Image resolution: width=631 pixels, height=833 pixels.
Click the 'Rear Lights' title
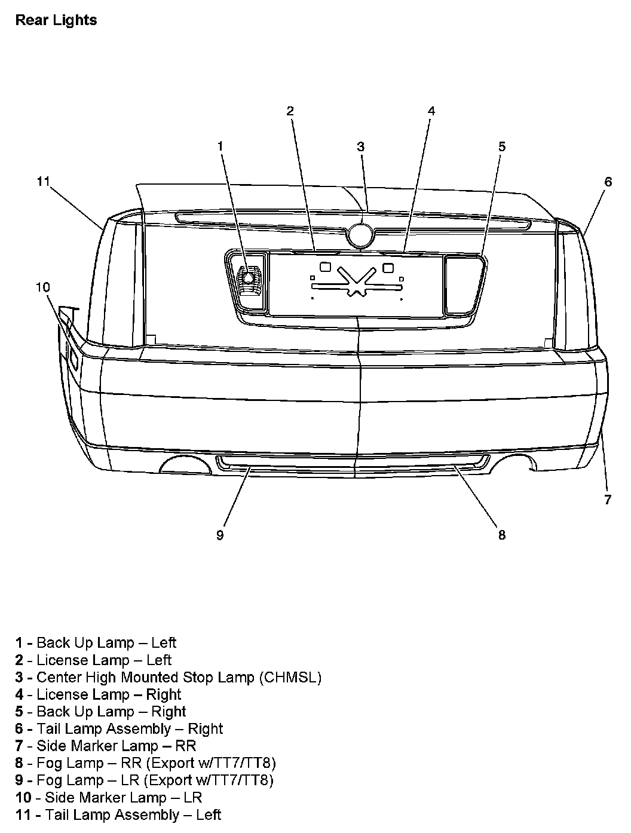pos(56,20)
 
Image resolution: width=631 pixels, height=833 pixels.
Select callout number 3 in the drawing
pos(360,146)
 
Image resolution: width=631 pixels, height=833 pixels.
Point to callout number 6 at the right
pos(608,182)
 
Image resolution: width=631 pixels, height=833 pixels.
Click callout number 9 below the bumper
pos(220,535)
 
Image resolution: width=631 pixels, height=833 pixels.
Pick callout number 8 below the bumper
pos(501,535)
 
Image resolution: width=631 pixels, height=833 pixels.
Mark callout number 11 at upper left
pos(42,181)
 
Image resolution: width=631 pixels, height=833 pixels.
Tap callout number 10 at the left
pos(42,287)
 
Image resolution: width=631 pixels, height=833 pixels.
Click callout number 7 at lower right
pos(608,500)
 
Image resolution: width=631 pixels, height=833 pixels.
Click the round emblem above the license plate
pos(360,235)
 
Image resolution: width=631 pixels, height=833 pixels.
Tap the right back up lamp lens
pos(463,284)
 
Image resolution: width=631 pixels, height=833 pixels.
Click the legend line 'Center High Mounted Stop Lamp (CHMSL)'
pos(169,677)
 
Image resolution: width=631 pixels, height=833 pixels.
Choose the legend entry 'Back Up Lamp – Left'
pos(96,642)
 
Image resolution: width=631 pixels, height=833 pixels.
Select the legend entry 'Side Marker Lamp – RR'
pos(106,746)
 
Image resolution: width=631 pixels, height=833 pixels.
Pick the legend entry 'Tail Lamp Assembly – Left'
pos(118,814)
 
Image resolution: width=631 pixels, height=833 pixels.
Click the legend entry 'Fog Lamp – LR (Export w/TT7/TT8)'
pos(145,780)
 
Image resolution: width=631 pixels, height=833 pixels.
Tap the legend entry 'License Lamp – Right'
pos(99,694)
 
